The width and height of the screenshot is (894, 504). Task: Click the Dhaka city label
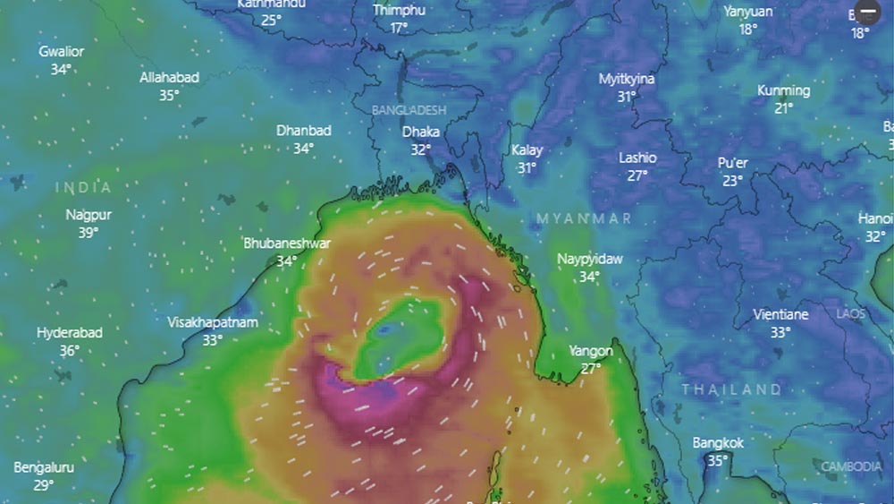pyautogui.click(x=420, y=132)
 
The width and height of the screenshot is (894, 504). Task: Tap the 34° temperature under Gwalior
pyautogui.click(x=61, y=69)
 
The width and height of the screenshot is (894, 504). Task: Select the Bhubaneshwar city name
pyautogui.click(x=287, y=243)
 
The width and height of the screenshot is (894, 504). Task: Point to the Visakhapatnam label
pyautogui.click(x=213, y=322)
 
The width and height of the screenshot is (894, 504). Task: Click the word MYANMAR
pyautogui.click(x=584, y=218)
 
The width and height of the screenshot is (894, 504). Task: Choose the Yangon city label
pyautogui.click(x=591, y=351)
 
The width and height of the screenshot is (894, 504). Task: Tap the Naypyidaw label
pyautogui.click(x=590, y=259)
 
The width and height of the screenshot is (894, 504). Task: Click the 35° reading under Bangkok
pyautogui.click(x=717, y=461)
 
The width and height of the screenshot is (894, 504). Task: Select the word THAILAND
pyautogui.click(x=731, y=389)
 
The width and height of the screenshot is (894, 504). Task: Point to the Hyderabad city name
pyautogui.click(x=70, y=333)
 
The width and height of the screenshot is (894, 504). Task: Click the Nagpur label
pyautogui.click(x=89, y=215)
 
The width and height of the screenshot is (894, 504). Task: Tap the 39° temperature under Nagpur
pyautogui.click(x=89, y=233)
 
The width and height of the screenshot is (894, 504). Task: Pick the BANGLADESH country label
pyautogui.click(x=409, y=109)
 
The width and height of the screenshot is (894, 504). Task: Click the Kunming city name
pyautogui.click(x=783, y=90)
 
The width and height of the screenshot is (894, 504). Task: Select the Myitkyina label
pyautogui.click(x=627, y=79)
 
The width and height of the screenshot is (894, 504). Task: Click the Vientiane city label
pyautogui.click(x=780, y=314)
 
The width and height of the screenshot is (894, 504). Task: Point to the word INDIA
pyautogui.click(x=84, y=187)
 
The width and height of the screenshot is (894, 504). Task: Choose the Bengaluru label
pyautogui.click(x=44, y=467)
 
